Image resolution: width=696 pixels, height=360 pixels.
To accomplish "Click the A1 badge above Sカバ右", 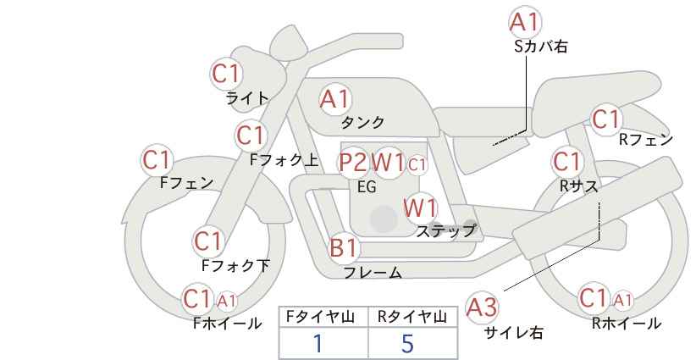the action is tap(525, 22).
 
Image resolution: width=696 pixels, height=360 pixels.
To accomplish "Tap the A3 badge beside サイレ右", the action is tap(482, 307).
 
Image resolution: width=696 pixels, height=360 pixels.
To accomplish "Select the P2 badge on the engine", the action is tap(354, 163).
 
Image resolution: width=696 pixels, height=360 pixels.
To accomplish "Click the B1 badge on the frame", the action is tap(344, 247).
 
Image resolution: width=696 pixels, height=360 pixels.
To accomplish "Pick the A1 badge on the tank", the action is tap(335, 99).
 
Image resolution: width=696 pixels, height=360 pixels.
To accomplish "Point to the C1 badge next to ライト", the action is tap(226, 74).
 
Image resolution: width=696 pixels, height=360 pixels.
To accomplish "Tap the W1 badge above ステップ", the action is tap(420, 208).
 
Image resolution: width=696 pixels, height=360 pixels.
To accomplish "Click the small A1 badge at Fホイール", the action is tap(227, 301).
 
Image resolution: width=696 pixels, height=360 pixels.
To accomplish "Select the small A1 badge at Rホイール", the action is tap(623, 301).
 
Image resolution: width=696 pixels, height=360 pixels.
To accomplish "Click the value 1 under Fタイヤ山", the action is tap(318, 344).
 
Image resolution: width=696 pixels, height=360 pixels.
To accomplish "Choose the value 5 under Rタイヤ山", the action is tap(407, 343).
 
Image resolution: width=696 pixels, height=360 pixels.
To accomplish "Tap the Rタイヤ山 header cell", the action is tap(413, 317).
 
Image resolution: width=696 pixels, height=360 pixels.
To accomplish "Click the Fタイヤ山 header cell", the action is tap(323, 317).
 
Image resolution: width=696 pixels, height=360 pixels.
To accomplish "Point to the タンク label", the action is tap(362, 122).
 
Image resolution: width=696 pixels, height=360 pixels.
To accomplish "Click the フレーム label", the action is tap(373, 273).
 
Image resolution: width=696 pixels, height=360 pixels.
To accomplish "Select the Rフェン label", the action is tap(646, 140).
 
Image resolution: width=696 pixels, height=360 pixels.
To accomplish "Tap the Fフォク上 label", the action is tap(284, 160).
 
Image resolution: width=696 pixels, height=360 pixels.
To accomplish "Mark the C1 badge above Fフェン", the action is tap(157, 160).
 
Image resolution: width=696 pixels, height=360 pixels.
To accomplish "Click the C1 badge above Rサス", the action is tap(566, 162).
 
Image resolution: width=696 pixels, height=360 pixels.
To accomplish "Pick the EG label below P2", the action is tap(367, 187).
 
